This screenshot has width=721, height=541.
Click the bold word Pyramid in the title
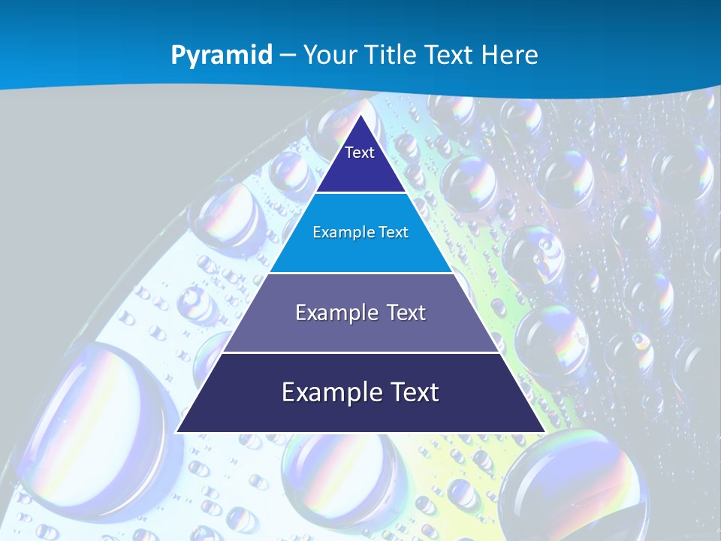222,56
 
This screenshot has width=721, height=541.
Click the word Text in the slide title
449,55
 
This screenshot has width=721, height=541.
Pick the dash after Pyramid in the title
288,56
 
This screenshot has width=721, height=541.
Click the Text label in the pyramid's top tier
360,153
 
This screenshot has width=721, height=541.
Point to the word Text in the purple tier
403,313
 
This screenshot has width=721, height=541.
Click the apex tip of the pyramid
360,115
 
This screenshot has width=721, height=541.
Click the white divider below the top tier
360,193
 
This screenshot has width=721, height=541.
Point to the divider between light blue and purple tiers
360,273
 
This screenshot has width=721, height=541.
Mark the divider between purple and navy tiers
360,352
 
